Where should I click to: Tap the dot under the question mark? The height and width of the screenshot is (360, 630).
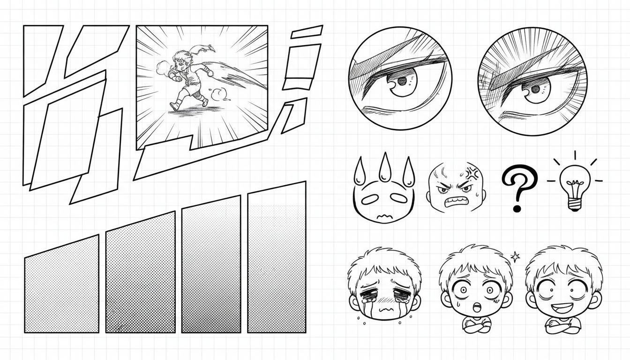[x=517, y=207]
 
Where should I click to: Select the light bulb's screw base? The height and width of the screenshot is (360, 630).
[x=574, y=203]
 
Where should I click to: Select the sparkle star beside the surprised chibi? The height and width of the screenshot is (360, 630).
[x=515, y=256]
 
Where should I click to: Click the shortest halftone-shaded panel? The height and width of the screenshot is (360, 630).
[x=61, y=286]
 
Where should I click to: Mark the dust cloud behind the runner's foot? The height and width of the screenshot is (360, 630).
[x=217, y=95]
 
